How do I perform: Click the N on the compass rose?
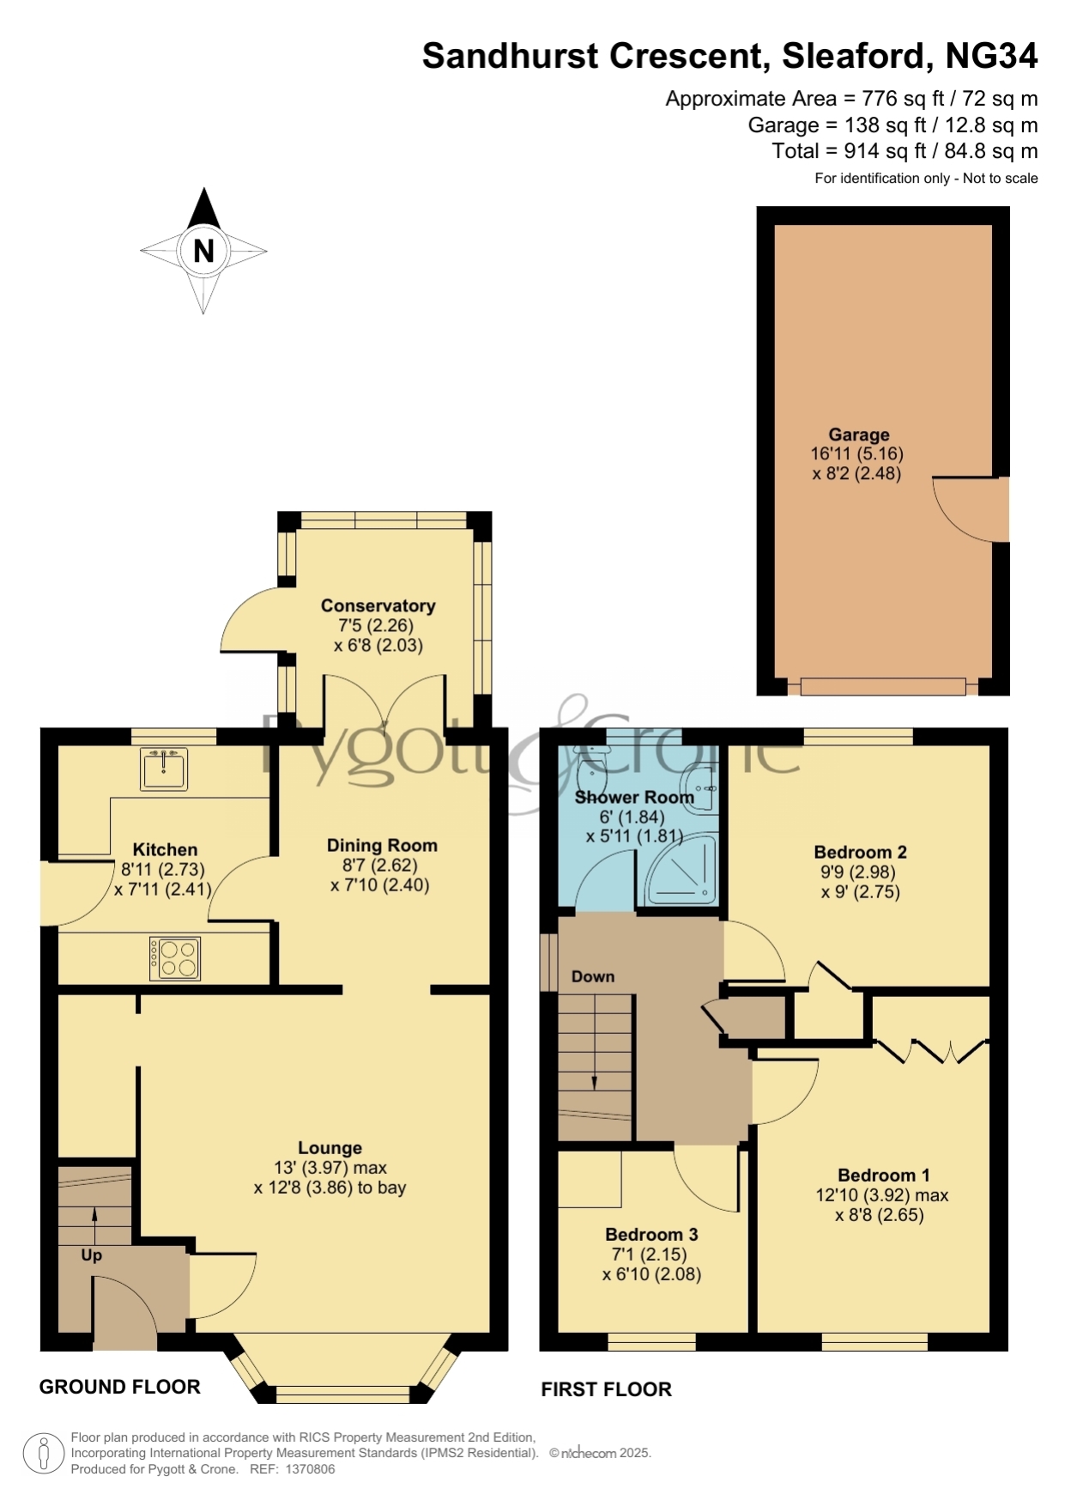[203, 251]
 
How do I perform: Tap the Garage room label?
[858, 434]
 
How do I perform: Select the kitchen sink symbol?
[163, 768]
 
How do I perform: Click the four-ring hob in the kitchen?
[175, 958]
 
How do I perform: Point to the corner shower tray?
[681, 870]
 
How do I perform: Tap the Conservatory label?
[378, 605]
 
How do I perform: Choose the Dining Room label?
[382, 845]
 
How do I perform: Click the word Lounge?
[330, 1148]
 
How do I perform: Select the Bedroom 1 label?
[883, 1175]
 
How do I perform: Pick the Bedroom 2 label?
[860, 852]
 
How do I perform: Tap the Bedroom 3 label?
[651, 1234]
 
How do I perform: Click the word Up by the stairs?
[91, 1255]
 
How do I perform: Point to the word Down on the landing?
[593, 976]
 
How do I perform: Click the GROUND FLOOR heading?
[120, 1387]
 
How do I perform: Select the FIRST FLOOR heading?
[606, 1389]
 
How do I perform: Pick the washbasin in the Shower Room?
[700, 789]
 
